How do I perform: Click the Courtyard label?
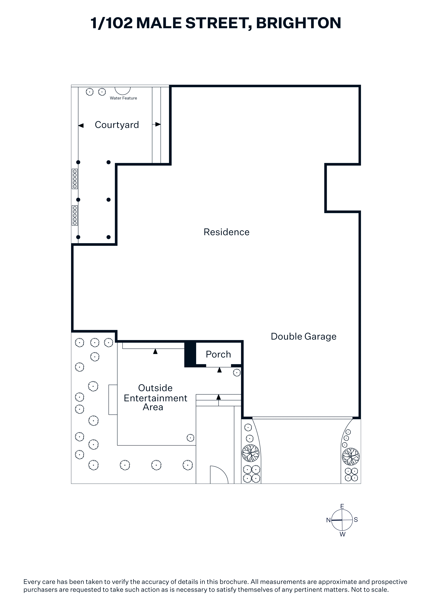[117, 125]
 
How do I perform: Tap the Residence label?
[226, 232]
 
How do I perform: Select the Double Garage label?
[303, 337]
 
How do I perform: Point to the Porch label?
[218, 354]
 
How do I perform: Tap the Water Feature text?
[124, 98]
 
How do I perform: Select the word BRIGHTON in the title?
[299, 23]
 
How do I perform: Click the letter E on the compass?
[342, 506]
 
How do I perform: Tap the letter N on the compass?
[329, 520]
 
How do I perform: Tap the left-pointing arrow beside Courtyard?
[81, 125]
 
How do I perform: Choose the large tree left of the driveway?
[250, 453]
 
